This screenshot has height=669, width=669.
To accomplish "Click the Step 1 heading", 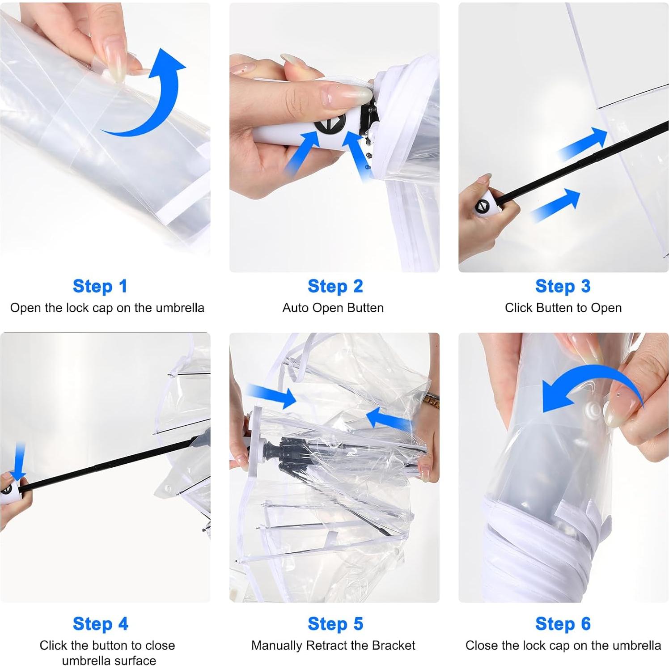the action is click(100, 286).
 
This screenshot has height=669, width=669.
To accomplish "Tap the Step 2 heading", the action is click(335, 286).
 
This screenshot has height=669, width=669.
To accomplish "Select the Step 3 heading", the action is click(563, 286).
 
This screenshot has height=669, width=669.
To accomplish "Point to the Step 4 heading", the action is click(101, 624).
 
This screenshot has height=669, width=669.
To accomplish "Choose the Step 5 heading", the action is click(335, 624).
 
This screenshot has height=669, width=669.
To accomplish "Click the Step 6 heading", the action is click(563, 624).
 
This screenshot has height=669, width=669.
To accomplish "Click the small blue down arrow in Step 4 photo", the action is click(18, 461).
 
